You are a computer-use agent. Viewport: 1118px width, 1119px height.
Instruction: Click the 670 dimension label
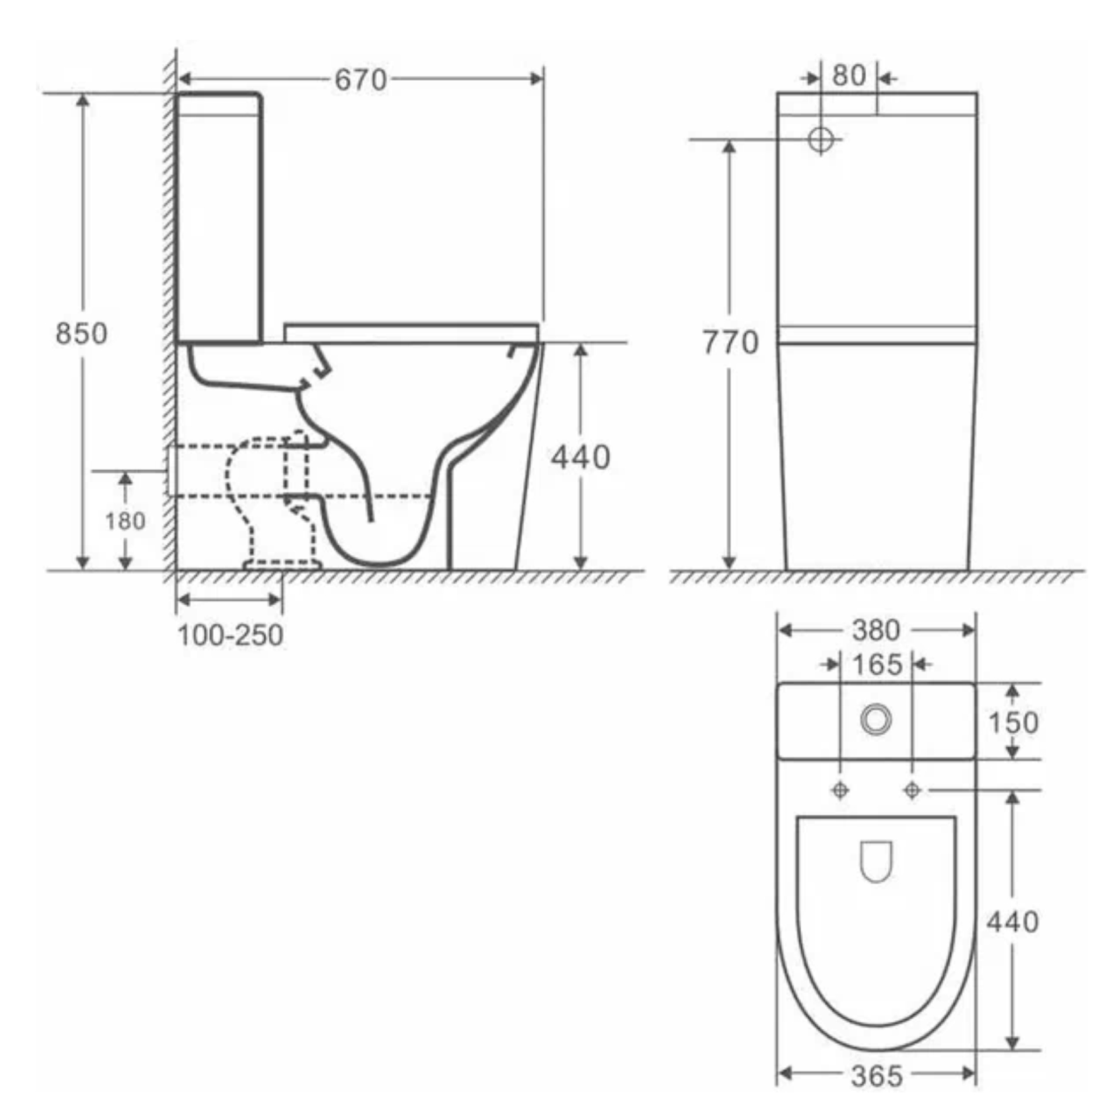pos(360,80)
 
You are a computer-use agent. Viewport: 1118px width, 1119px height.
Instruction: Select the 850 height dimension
pos(81,333)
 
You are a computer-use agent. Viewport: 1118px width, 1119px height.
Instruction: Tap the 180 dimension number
pos(125,521)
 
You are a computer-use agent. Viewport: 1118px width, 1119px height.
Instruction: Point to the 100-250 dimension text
pos(230,636)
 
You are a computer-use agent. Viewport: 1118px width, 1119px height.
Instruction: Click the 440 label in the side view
pos(580,458)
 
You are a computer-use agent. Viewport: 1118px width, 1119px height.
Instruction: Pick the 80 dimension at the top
pos(849,76)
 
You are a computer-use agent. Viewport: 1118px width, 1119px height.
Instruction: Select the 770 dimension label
pos(731,343)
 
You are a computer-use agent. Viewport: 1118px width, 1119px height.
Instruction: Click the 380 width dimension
pos(876,630)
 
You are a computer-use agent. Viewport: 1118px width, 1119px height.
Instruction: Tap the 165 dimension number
pos(877,665)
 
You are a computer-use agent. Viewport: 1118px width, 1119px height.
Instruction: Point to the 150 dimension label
pos(1013,723)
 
